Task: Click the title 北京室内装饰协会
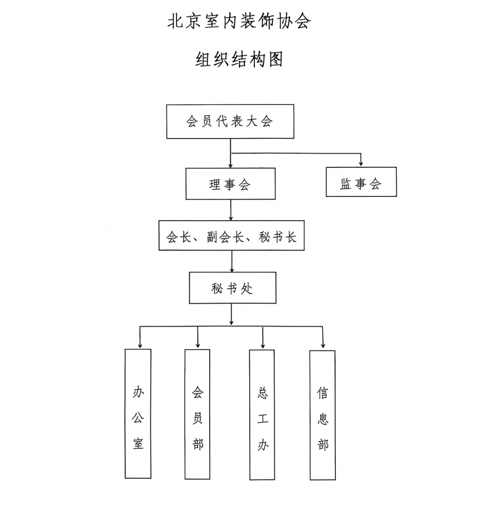(239, 22)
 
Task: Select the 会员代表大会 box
(230, 121)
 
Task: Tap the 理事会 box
(230, 184)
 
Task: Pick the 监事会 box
(361, 183)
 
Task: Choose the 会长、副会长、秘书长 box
(231, 236)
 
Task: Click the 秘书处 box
(230, 288)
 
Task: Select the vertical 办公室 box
(138, 413)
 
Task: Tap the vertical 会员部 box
(197, 414)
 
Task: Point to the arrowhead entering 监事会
(361, 164)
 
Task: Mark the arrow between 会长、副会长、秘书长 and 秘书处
(231, 262)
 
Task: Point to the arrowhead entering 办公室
(140, 344)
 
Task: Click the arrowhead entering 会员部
(198, 344)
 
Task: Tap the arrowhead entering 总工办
(263, 345)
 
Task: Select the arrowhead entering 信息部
(323, 345)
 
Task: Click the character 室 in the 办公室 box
(138, 442)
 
